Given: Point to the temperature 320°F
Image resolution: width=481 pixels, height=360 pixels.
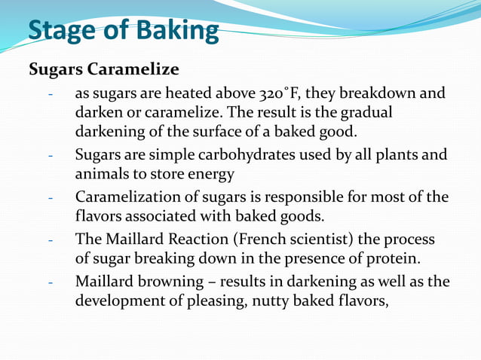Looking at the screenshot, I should point(280,96).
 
